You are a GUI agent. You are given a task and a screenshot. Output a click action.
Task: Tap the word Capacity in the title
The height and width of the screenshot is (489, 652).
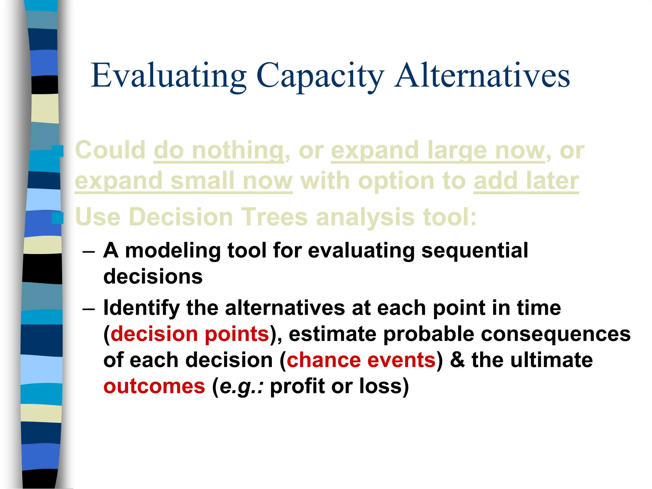pyautogui.click(x=320, y=76)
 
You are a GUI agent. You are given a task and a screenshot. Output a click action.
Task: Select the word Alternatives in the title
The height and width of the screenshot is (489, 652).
pyautogui.click(x=482, y=76)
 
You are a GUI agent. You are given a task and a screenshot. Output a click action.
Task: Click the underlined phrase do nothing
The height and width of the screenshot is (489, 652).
pyautogui.click(x=218, y=150)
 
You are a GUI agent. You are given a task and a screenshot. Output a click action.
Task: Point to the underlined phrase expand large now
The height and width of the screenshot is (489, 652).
pyautogui.click(x=438, y=150)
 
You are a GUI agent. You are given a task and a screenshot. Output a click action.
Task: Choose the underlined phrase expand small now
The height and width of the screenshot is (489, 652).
pyautogui.click(x=183, y=181)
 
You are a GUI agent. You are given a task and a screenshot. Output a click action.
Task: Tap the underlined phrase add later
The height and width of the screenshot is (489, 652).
pyautogui.click(x=526, y=181)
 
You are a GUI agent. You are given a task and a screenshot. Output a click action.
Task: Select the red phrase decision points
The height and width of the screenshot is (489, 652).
pyautogui.click(x=190, y=334)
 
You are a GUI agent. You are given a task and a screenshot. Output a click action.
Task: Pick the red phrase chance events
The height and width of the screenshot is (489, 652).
pyautogui.click(x=361, y=360)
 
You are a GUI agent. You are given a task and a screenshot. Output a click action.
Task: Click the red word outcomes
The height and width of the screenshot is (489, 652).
pyautogui.click(x=154, y=386)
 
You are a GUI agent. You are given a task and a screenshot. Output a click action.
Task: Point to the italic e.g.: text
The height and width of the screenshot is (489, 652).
pyautogui.click(x=241, y=386)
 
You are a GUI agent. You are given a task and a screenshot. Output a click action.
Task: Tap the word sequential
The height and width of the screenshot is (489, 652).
pyautogui.click(x=475, y=250)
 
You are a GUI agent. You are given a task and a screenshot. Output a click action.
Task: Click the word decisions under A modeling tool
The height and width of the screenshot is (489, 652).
pyautogui.click(x=153, y=276)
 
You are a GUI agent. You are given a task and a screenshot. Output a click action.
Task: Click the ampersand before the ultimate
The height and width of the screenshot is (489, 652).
pyautogui.click(x=457, y=360)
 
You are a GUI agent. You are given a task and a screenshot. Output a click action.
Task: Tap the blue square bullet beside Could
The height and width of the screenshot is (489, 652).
pyautogui.click(x=58, y=151)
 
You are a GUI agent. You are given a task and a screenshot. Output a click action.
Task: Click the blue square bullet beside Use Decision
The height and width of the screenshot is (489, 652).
pyautogui.click(x=58, y=218)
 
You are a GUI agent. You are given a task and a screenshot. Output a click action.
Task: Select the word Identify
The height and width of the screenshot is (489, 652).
pyautogui.click(x=141, y=308)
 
